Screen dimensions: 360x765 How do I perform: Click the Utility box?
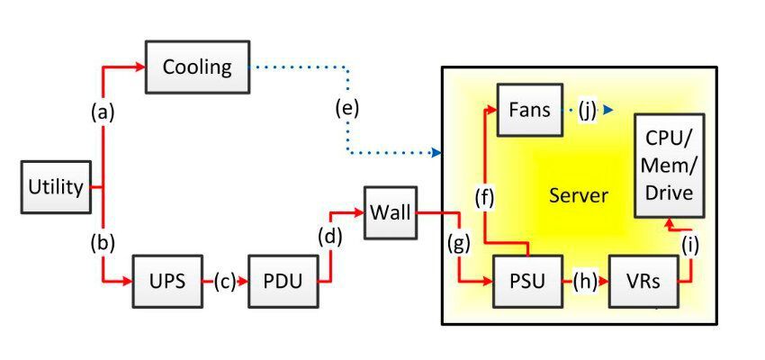click(x=56, y=187)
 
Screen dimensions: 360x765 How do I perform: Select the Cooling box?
click(x=197, y=67)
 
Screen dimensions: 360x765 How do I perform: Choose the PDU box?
click(x=283, y=280)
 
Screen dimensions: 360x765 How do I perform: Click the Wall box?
click(x=390, y=213)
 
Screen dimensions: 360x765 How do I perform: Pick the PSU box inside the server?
click(x=526, y=280)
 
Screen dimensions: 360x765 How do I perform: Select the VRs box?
click(x=643, y=280)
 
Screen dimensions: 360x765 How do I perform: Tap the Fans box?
click(x=529, y=110)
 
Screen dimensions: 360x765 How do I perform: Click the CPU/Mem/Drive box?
click(x=669, y=166)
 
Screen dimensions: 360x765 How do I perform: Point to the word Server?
click(x=579, y=195)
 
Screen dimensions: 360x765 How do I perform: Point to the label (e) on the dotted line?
click(x=346, y=108)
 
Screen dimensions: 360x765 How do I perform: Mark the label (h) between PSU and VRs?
click(x=585, y=280)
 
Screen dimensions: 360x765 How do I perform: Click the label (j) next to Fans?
click(x=587, y=110)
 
